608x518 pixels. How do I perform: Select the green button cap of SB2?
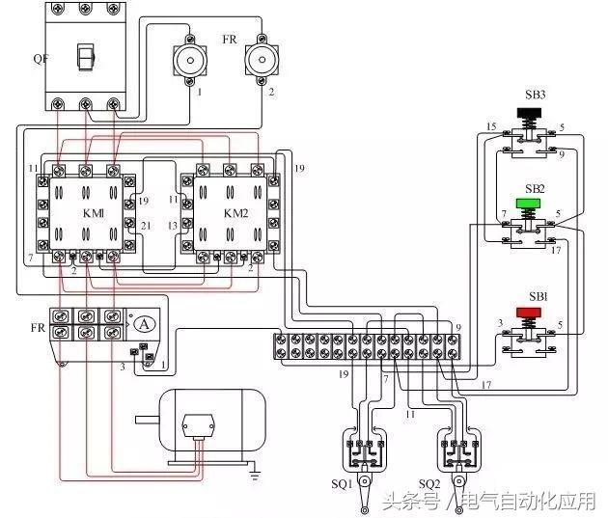pos(529,204)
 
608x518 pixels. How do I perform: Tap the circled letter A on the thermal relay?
pos(142,324)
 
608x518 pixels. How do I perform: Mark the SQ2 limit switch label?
pos(431,482)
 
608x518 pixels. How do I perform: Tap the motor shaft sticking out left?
pos(147,419)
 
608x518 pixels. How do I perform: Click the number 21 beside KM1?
pos(146,225)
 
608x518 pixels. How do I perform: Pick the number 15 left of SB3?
pos(490,127)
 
